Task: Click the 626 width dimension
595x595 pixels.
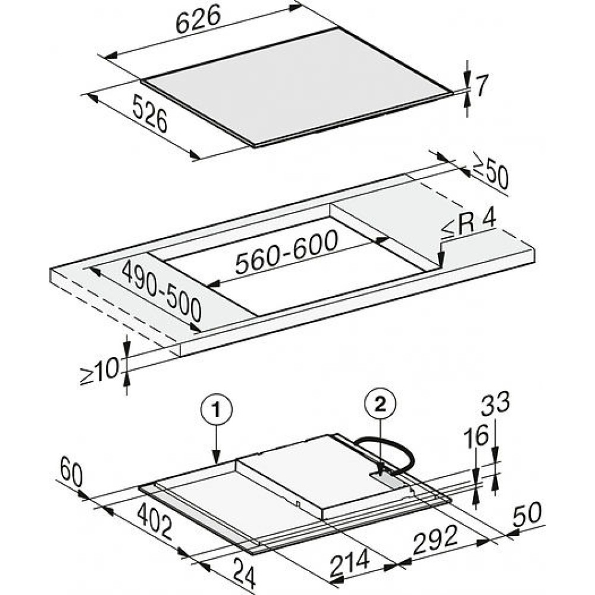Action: coord(198,19)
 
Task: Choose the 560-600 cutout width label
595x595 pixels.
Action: coord(287,251)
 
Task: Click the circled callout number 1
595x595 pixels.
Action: coord(217,410)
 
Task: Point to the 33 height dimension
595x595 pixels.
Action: coord(495,403)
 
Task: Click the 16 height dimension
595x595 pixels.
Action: coord(476,436)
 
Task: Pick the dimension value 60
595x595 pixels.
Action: coord(71,472)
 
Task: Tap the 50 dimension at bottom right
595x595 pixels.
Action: coord(527,514)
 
